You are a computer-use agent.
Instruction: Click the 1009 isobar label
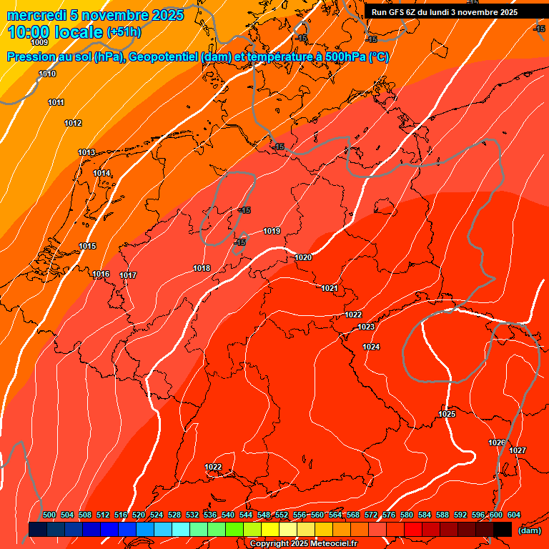(x=39, y=43)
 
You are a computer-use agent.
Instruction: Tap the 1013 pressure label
(x=86, y=152)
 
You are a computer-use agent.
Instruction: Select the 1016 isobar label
(x=101, y=274)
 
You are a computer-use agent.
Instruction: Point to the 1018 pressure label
(x=202, y=268)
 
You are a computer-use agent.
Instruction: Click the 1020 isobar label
(x=303, y=257)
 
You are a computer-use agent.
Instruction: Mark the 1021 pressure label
(x=330, y=288)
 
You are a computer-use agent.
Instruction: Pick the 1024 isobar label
(x=371, y=347)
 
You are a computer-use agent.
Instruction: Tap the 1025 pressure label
(x=447, y=414)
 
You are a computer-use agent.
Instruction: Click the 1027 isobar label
(x=518, y=450)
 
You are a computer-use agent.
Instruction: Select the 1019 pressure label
(x=272, y=231)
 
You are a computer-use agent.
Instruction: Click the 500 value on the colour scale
(x=49, y=515)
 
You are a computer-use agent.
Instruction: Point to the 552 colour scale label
(x=282, y=515)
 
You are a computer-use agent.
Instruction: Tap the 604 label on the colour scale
(x=514, y=515)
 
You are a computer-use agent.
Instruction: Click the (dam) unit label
(x=530, y=530)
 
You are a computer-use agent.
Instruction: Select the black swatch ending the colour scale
(x=503, y=529)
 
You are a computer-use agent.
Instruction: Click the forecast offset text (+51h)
(x=124, y=32)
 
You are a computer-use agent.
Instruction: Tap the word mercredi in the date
(x=34, y=15)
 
